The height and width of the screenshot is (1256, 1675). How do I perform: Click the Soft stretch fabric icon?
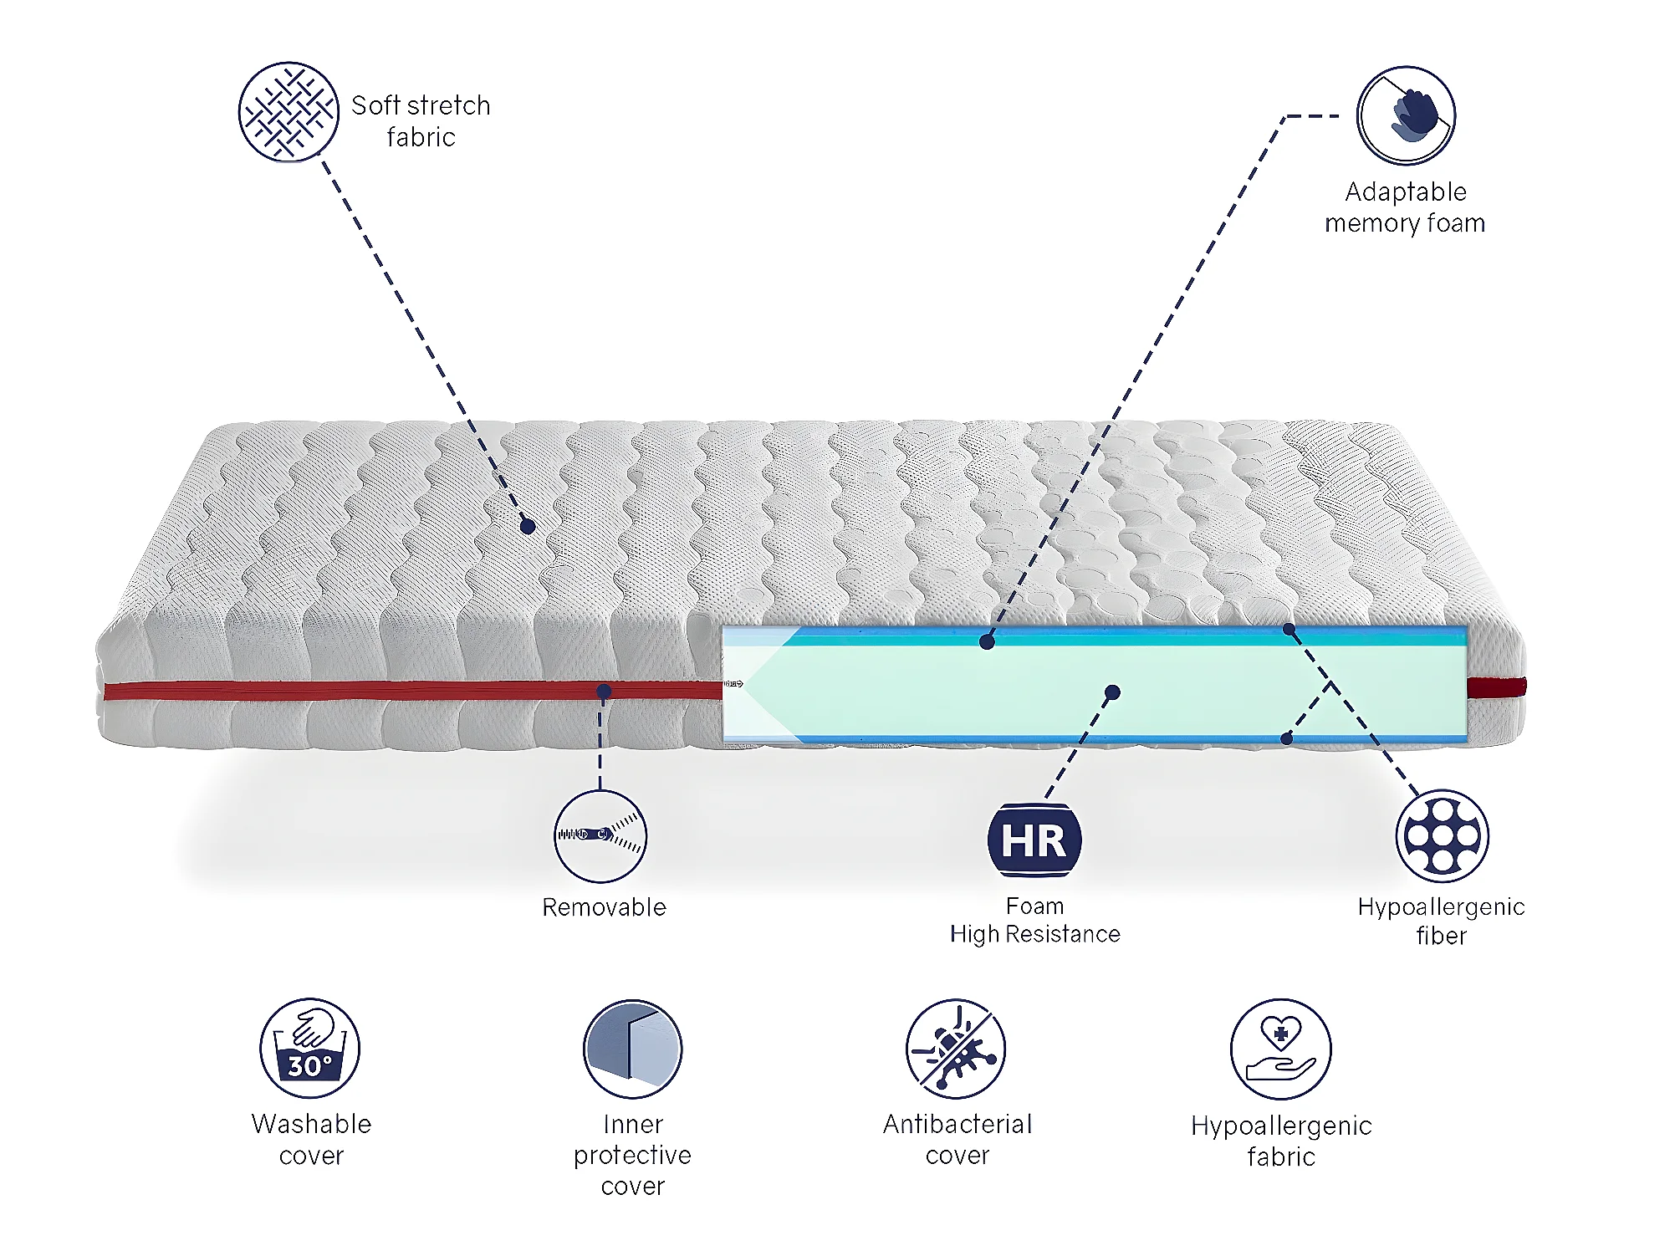pyautogui.click(x=289, y=111)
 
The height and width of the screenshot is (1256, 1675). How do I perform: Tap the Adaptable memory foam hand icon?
pyautogui.click(x=1406, y=115)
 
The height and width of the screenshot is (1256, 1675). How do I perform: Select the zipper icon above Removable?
pyautogui.click(x=600, y=835)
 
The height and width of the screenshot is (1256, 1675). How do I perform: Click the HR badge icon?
pyautogui.click(x=1034, y=840)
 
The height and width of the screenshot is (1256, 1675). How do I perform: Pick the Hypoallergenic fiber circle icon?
pyautogui.click(x=1442, y=835)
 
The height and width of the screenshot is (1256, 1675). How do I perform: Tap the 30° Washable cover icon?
pyautogui.click(x=310, y=1048)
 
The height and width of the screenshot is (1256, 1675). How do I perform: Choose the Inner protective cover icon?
pyautogui.click(x=633, y=1049)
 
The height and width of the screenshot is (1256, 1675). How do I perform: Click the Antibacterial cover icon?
pyautogui.click(x=956, y=1049)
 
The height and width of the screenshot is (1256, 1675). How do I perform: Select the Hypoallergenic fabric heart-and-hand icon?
pyautogui.click(x=1281, y=1049)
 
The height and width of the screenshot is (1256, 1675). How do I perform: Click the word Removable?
pyautogui.click(x=604, y=907)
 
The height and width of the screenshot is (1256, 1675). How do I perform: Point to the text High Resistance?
pyautogui.click(x=1035, y=934)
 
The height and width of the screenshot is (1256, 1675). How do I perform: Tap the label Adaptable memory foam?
pyautogui.click(x=1406, y=207)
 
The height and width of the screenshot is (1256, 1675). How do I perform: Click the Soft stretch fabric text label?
pyautogui.click(x=421, y=121)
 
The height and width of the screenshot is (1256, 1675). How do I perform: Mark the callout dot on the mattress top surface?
pyautogui.click(x=528, y=526)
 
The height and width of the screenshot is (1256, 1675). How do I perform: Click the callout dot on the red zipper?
pyautogui.click(x=604, y=692)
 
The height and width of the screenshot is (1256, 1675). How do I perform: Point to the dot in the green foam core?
pyautogui.click(x=1112, y=692)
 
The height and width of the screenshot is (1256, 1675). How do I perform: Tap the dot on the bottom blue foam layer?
pyautogui.click(x=1287, y=739)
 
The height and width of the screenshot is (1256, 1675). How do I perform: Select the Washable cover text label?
pyautogui.click(x=311, y=1139)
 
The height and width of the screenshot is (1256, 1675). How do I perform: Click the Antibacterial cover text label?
pyautogui.click(x=958, y=1139)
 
